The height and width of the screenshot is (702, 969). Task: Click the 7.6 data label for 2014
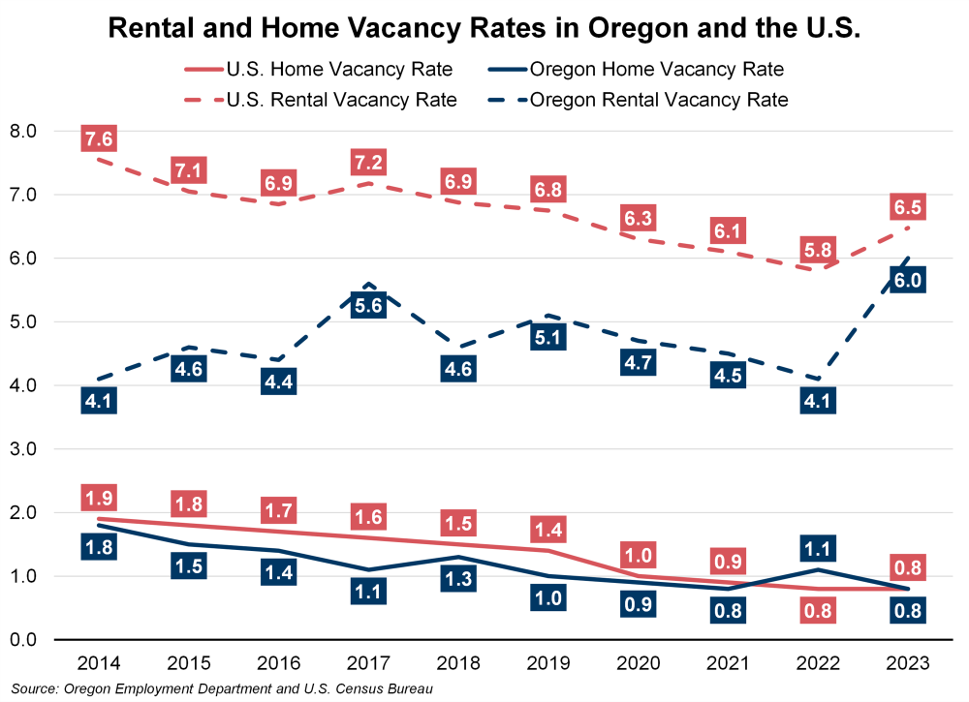(99, 139)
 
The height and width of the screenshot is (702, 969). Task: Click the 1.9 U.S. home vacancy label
(99, 500)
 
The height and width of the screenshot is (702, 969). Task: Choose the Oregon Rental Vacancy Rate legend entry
(659, 99)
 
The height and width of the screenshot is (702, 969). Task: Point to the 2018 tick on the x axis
(459, 663)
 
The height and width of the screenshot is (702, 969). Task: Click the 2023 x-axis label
(909, 663)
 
